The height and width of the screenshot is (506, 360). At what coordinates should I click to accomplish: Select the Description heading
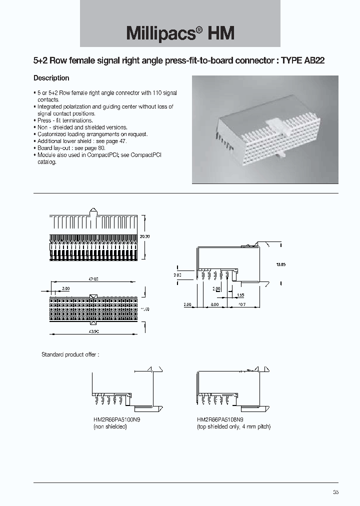click(x=51, y=78)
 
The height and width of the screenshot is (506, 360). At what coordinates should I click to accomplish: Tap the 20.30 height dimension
click(x=145, y=235)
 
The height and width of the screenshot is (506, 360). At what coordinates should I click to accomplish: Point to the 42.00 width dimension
click(x=93, y=279)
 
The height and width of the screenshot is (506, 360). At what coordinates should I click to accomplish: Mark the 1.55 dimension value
click(x=240, y=295)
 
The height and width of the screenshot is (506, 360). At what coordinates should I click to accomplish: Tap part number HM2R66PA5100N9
click(x=116, y=420)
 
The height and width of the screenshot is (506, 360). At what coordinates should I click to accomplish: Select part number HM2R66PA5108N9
click(x=220, y=420)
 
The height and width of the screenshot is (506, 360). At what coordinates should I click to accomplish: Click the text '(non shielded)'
click(x=110, y=427)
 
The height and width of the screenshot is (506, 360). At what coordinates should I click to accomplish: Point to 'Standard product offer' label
click(x=70, y=354)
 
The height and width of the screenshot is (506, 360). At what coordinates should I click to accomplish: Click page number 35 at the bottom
click(x=335, y=492)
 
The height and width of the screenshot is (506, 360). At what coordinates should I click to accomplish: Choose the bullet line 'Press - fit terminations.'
click(x=65, y=120)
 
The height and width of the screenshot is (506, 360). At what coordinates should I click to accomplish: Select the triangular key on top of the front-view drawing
click(x=92, y=211)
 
